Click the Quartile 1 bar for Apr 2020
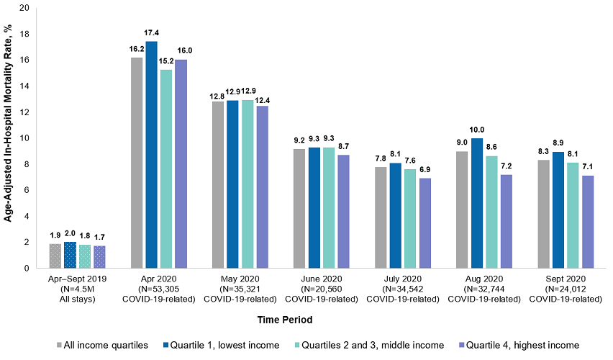coord(151,155)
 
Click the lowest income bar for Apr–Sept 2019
coord(70,255)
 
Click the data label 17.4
coord(151,33)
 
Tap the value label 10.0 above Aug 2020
coord(478,130)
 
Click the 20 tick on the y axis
coord(24,8)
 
